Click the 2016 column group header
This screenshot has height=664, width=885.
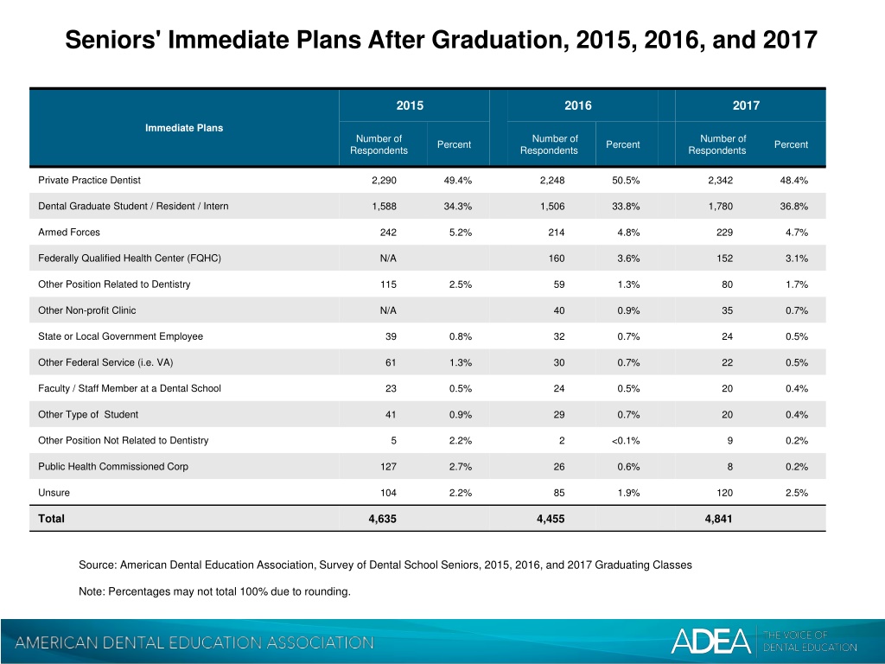coord(578,105)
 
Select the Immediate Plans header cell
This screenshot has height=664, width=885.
coord(184,128)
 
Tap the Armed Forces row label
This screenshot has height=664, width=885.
coord(69,232)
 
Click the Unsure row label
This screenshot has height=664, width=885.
coord(54,492)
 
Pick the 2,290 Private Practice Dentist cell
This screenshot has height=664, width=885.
coord(384,180)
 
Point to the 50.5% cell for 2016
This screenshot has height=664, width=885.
coord(626,180)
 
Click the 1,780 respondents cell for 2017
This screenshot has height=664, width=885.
coord(721,206)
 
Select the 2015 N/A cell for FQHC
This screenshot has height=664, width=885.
coord(388,258)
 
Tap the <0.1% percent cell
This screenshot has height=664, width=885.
coord(626,440)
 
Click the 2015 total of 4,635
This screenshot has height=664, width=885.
coord(382,519)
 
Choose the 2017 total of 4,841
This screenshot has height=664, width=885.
coord(718,519)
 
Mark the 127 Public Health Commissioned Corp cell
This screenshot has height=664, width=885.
coord(388,466)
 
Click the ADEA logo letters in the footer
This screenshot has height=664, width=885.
coord(710,641)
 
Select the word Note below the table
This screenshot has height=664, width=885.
coord(92,591)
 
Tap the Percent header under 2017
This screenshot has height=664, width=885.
coord(791,144)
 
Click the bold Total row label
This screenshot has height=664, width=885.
coord(51,519)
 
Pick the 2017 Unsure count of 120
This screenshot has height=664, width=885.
coord(725,492)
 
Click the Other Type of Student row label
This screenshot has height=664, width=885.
coord(88,414)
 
